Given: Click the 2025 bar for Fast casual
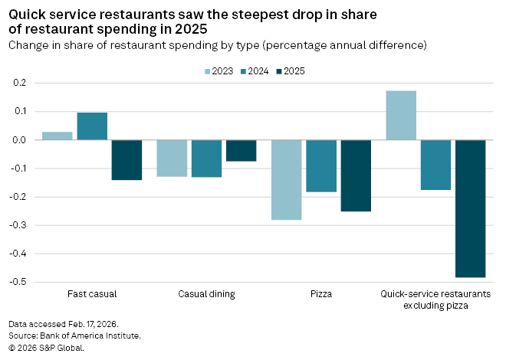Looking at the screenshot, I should coord(127,160).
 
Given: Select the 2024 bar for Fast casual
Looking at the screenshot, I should coord(92,126).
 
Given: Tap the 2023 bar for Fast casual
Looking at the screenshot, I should coord(58,136).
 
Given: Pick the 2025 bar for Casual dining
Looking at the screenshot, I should coord(241,151).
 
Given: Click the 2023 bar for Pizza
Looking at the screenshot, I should coord(287,180).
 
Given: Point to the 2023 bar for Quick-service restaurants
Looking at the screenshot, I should coord(401,116).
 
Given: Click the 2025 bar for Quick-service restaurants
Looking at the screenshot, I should coord(470,208).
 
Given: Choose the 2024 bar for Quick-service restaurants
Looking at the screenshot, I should coord(435,165).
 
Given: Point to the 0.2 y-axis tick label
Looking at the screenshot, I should coord(19,83).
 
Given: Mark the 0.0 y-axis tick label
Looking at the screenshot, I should coord(19,140).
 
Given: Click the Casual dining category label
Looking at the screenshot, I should coord(206,294).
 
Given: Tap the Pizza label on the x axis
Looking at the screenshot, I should coord(321,294).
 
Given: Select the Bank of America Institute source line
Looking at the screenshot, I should coord(75,335).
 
